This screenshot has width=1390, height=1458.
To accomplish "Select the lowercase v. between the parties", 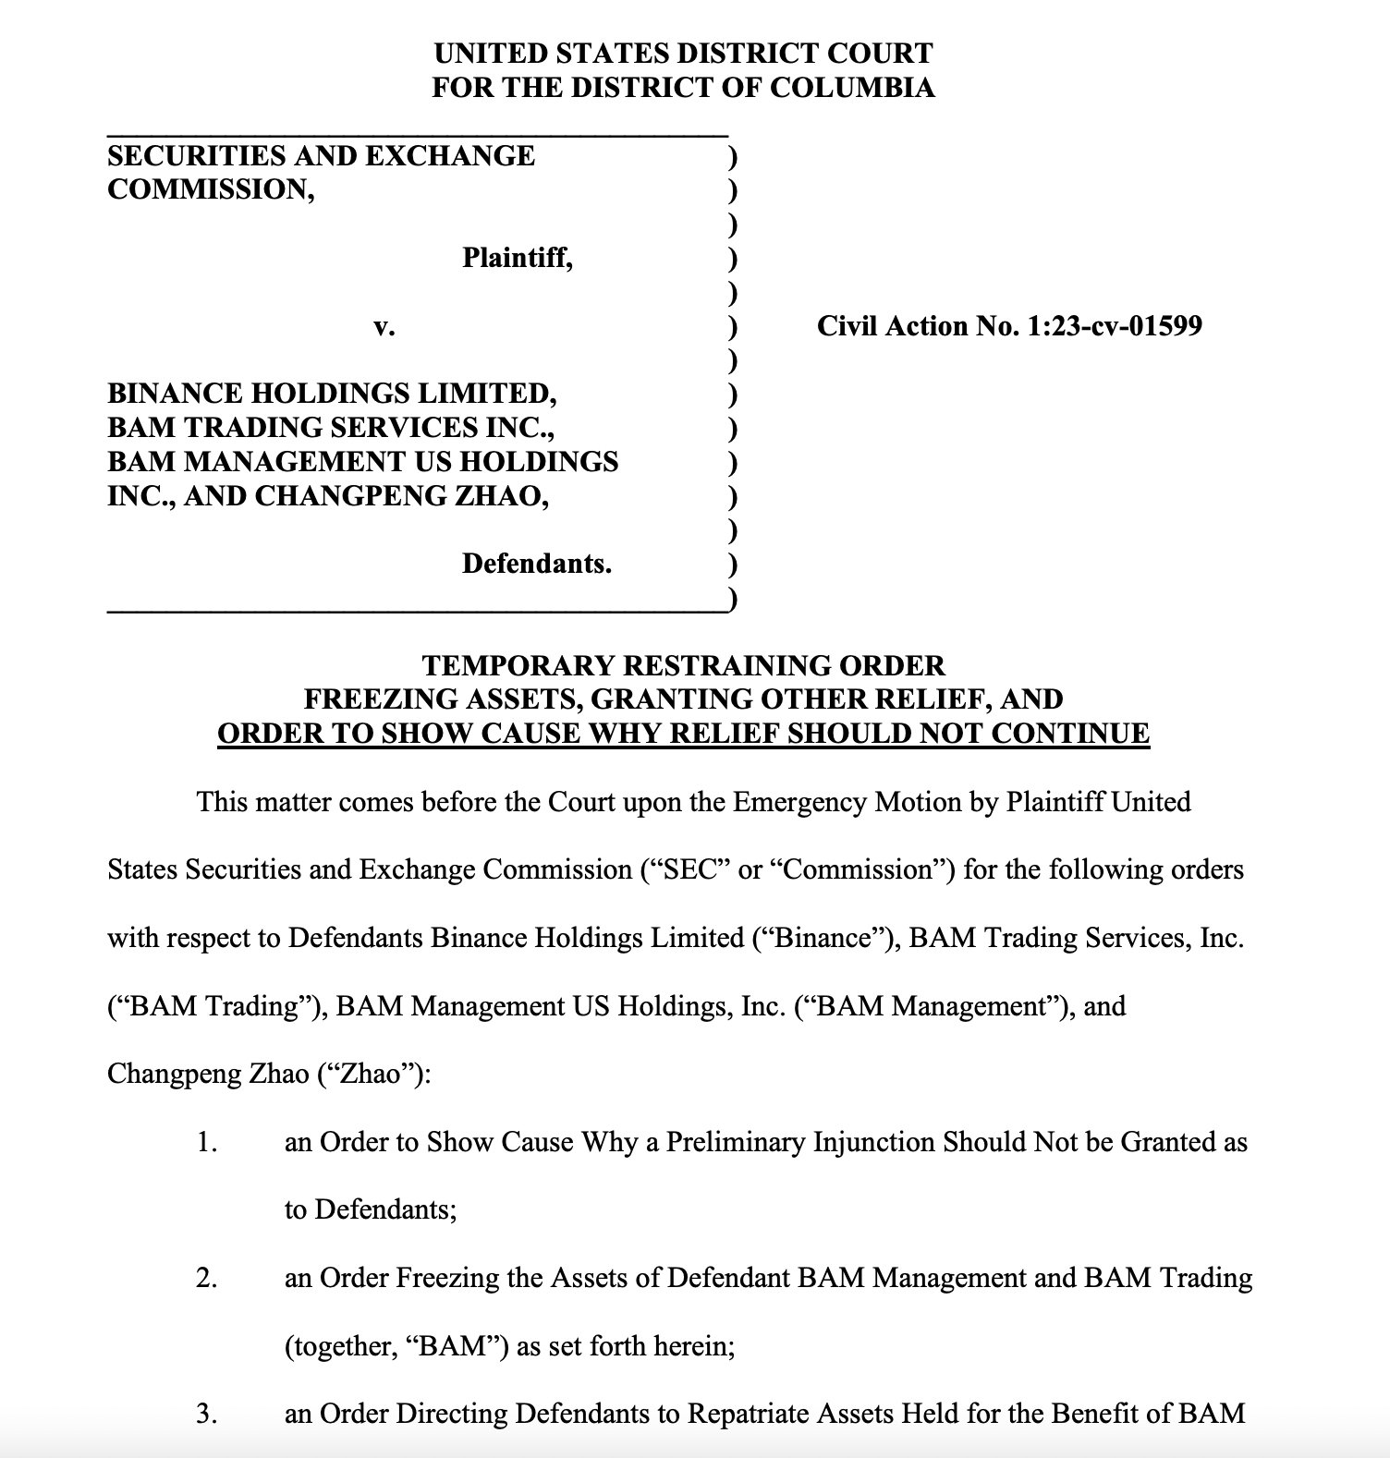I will [384, 326].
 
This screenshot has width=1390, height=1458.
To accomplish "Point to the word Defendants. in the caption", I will [537, 564].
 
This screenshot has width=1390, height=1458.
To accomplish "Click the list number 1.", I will [206, 1142].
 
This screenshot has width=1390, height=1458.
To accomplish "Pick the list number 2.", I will [206, 1278].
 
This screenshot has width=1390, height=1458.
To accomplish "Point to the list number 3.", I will [206, 1414].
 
